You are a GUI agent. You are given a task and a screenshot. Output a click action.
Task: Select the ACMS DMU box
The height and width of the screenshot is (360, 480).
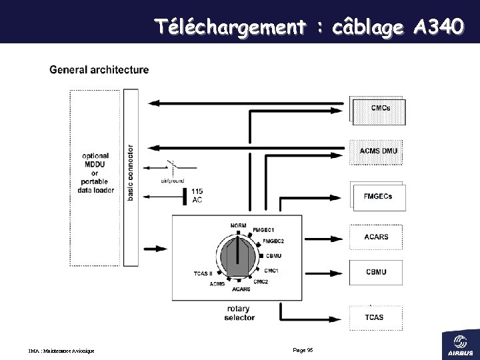378,151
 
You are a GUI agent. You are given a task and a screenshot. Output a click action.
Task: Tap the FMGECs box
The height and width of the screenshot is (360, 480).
378,196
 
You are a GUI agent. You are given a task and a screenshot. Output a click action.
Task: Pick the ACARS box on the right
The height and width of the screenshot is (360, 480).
377,237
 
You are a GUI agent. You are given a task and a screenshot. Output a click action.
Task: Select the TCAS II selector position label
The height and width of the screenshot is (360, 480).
203,273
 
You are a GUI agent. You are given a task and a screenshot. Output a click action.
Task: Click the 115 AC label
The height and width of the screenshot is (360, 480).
197,196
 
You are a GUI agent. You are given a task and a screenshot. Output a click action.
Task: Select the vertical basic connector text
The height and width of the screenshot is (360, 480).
130,172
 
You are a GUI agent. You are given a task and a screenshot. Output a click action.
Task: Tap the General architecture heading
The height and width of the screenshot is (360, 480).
99,69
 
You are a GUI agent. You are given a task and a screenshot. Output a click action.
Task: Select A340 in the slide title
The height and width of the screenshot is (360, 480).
436,27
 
